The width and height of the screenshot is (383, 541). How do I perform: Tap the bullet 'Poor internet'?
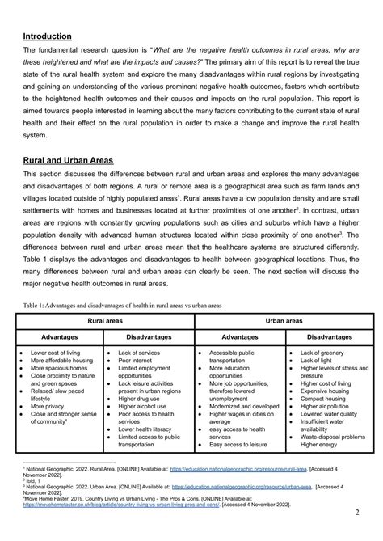[x=138, y=361]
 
